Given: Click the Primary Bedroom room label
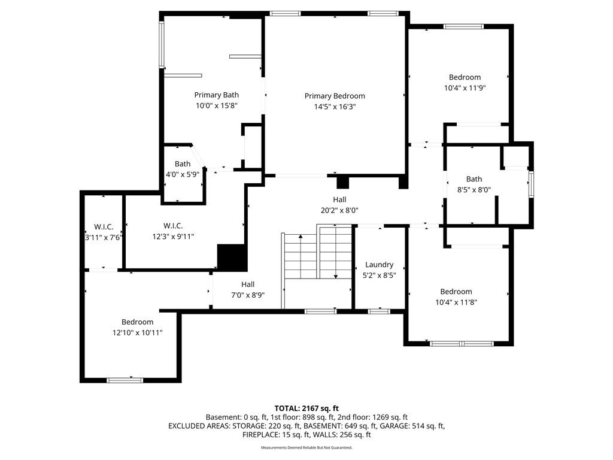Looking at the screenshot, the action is [335, 96].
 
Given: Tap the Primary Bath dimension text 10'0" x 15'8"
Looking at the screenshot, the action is [217, 105].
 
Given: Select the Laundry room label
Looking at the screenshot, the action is [379, 265].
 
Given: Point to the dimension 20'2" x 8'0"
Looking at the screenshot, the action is [339, 210].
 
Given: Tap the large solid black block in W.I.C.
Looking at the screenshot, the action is [232, 258].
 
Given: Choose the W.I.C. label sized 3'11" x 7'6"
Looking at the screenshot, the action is [104, 227].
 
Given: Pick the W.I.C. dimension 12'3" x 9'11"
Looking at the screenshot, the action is [173, 236].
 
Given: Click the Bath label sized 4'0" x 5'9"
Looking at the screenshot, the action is [183, 164].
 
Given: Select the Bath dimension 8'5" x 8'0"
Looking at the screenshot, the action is [474, 190].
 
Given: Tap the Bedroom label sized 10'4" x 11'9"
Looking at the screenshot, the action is [465, 77].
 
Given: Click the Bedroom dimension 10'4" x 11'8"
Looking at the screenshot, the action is [456, 302].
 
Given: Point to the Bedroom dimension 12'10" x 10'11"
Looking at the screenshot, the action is [137, 332].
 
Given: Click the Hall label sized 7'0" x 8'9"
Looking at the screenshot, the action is [248, 285].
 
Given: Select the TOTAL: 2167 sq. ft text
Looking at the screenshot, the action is [306, 408].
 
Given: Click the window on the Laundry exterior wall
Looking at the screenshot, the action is [379, 311].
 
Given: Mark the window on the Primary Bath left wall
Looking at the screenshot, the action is [161, 45].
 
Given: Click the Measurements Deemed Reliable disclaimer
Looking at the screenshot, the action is [306, 447].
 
